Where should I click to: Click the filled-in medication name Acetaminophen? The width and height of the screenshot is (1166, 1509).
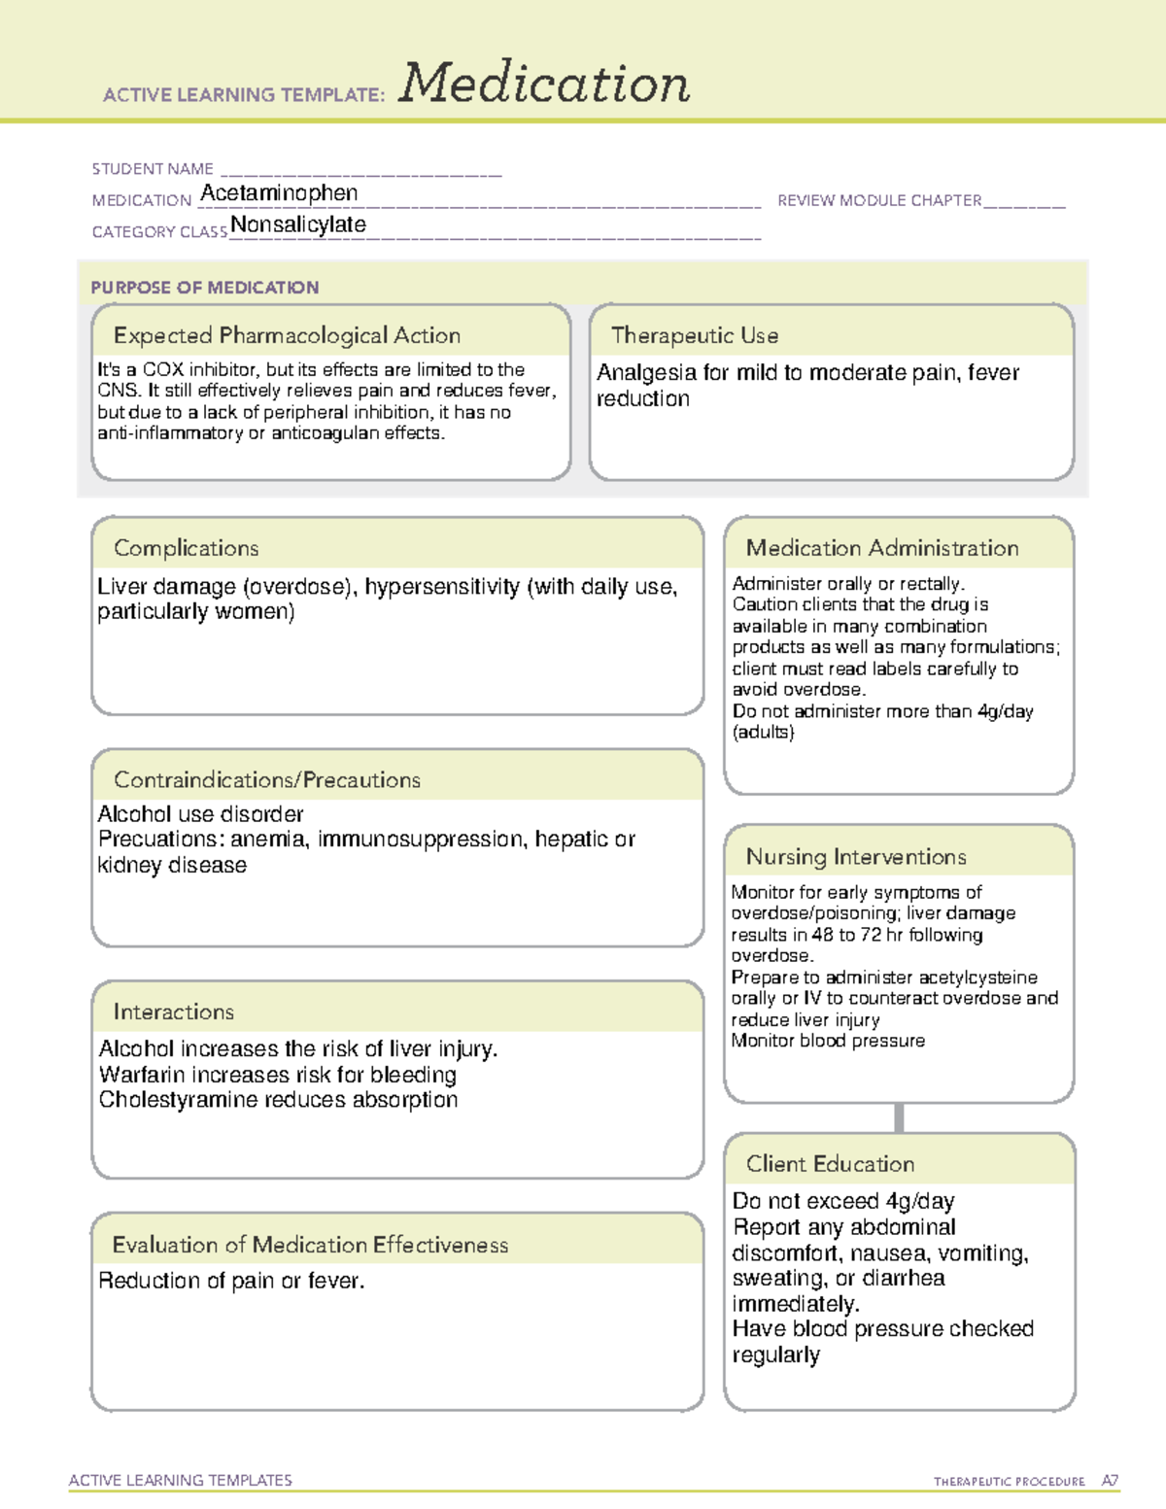coord(279,193)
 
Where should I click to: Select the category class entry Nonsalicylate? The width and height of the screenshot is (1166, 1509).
coord(298,224)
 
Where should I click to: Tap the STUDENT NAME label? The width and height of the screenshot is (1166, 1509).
coord(153,169)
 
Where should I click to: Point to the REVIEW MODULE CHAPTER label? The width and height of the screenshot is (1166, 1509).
coord(879,200)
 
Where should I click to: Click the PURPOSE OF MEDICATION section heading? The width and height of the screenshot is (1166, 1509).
coord(205,288)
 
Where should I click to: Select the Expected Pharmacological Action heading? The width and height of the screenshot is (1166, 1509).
coord(287,335)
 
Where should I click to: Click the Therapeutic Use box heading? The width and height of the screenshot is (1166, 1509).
coord(695,335)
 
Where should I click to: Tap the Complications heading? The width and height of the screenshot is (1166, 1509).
coord(187,548)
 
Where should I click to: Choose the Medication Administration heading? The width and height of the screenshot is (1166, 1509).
coord(882,548)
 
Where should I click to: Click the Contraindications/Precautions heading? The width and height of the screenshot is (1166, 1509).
coord(267,779)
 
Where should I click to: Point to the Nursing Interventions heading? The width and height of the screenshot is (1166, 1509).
coord(856,856)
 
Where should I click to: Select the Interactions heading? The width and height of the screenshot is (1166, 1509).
coord(174,1012)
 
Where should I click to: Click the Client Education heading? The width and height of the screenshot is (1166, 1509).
coord(831,1163)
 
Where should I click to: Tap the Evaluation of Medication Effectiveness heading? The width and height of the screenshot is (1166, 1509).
coord(310,1245)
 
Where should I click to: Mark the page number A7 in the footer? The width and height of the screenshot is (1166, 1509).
coord(1110,1481)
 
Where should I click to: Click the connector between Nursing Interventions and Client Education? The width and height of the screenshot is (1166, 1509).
coord(899,1117)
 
